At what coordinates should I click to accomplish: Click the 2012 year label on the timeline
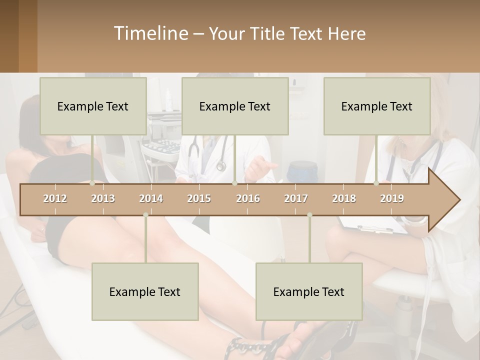coord(55,198)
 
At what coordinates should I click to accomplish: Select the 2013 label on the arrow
coord(103,198)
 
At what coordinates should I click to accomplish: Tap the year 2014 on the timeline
coord(151,198)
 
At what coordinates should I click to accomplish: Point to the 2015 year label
coord(199,198)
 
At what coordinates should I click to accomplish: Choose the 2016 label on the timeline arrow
coord(248,198)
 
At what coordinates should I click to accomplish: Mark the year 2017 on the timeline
coord(296,198)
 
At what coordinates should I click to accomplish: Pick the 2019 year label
coord(392,198)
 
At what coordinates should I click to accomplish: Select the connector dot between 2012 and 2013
coord(92,183)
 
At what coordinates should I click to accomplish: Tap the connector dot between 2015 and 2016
coord(234,183)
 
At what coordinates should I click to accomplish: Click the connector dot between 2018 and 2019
coord(376,183)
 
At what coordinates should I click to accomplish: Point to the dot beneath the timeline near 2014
coord(145,215)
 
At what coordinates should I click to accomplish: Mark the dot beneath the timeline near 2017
coord(309,215)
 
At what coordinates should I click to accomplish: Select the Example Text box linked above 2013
coord(93,106)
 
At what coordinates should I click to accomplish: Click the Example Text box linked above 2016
coord(235,106)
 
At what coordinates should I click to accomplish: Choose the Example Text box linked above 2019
coord(377,106)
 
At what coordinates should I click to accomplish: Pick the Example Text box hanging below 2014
coord(145,291)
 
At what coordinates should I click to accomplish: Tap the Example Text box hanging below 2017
coord(309,291)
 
